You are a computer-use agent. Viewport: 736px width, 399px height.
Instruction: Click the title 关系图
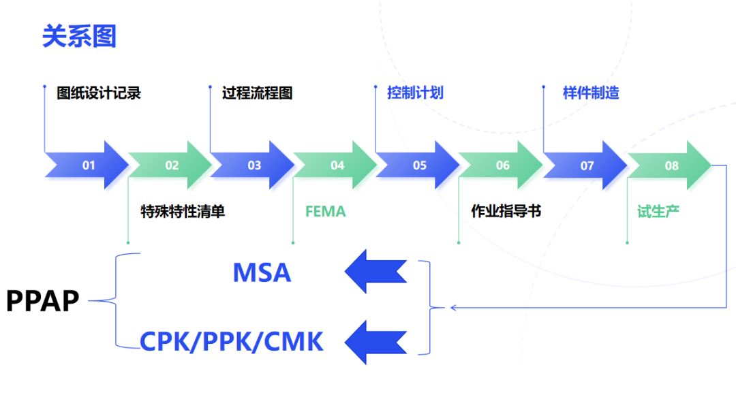point(79,36)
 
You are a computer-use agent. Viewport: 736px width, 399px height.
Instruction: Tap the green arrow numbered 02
point(171,165)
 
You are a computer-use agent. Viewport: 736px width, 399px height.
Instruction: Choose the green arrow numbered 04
point(337,165)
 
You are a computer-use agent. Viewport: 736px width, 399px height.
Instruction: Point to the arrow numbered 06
point(502,165)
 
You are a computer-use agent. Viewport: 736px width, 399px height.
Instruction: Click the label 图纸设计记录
point(99,93)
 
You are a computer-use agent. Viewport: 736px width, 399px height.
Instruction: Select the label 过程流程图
point(258,93)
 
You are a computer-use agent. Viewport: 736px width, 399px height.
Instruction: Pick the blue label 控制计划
point(415,93)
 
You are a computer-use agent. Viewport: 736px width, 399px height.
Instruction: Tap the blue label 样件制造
point(591,93)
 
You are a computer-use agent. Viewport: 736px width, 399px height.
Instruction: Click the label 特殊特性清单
point(183,212)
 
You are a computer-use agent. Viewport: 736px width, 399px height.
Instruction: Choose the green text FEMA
point(325,212)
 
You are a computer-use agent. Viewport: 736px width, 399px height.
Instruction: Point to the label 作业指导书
point(506,212)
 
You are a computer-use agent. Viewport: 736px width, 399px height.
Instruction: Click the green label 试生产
point(658,212)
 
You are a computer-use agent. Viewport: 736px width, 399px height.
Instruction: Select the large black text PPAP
point(43,300)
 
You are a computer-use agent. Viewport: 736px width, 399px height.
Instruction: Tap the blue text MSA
point(262,273)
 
